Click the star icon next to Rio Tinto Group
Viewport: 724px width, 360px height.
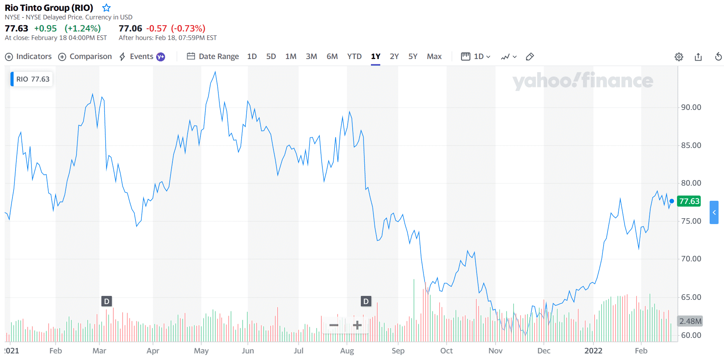click(x=106, y=8)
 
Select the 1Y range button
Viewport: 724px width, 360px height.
click(x=375, y=57)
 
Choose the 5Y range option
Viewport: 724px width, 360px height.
click(x=412, y=57)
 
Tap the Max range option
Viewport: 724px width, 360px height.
click(x=434, y=57)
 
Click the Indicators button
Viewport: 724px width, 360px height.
click(x=28, y=57)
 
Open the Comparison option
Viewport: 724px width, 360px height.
click(x=85, y=57)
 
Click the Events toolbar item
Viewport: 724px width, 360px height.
click(x=141, y=57)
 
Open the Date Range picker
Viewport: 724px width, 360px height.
click(x=213, y=57)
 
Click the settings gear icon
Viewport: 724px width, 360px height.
click(x=679, y=57)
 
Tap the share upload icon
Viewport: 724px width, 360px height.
click(x=698, y=57)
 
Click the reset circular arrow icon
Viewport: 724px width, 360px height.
click(x=718, y=57)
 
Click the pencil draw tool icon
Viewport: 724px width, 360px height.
click(x=529, y=57)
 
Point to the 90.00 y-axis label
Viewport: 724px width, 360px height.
click(x=691, y=108)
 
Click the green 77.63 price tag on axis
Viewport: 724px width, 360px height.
click(x=689, y=201)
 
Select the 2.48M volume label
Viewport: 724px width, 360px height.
click(x=690, y=321)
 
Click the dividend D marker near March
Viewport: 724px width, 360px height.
click(x=106, y=301)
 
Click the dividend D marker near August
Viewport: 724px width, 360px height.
click(x=365, y=301)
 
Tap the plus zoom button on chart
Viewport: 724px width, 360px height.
click(x=357, y=325)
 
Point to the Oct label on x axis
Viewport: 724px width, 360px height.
click(x=446, y=351)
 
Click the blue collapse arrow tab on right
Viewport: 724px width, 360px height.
click(x=714, y=212)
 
